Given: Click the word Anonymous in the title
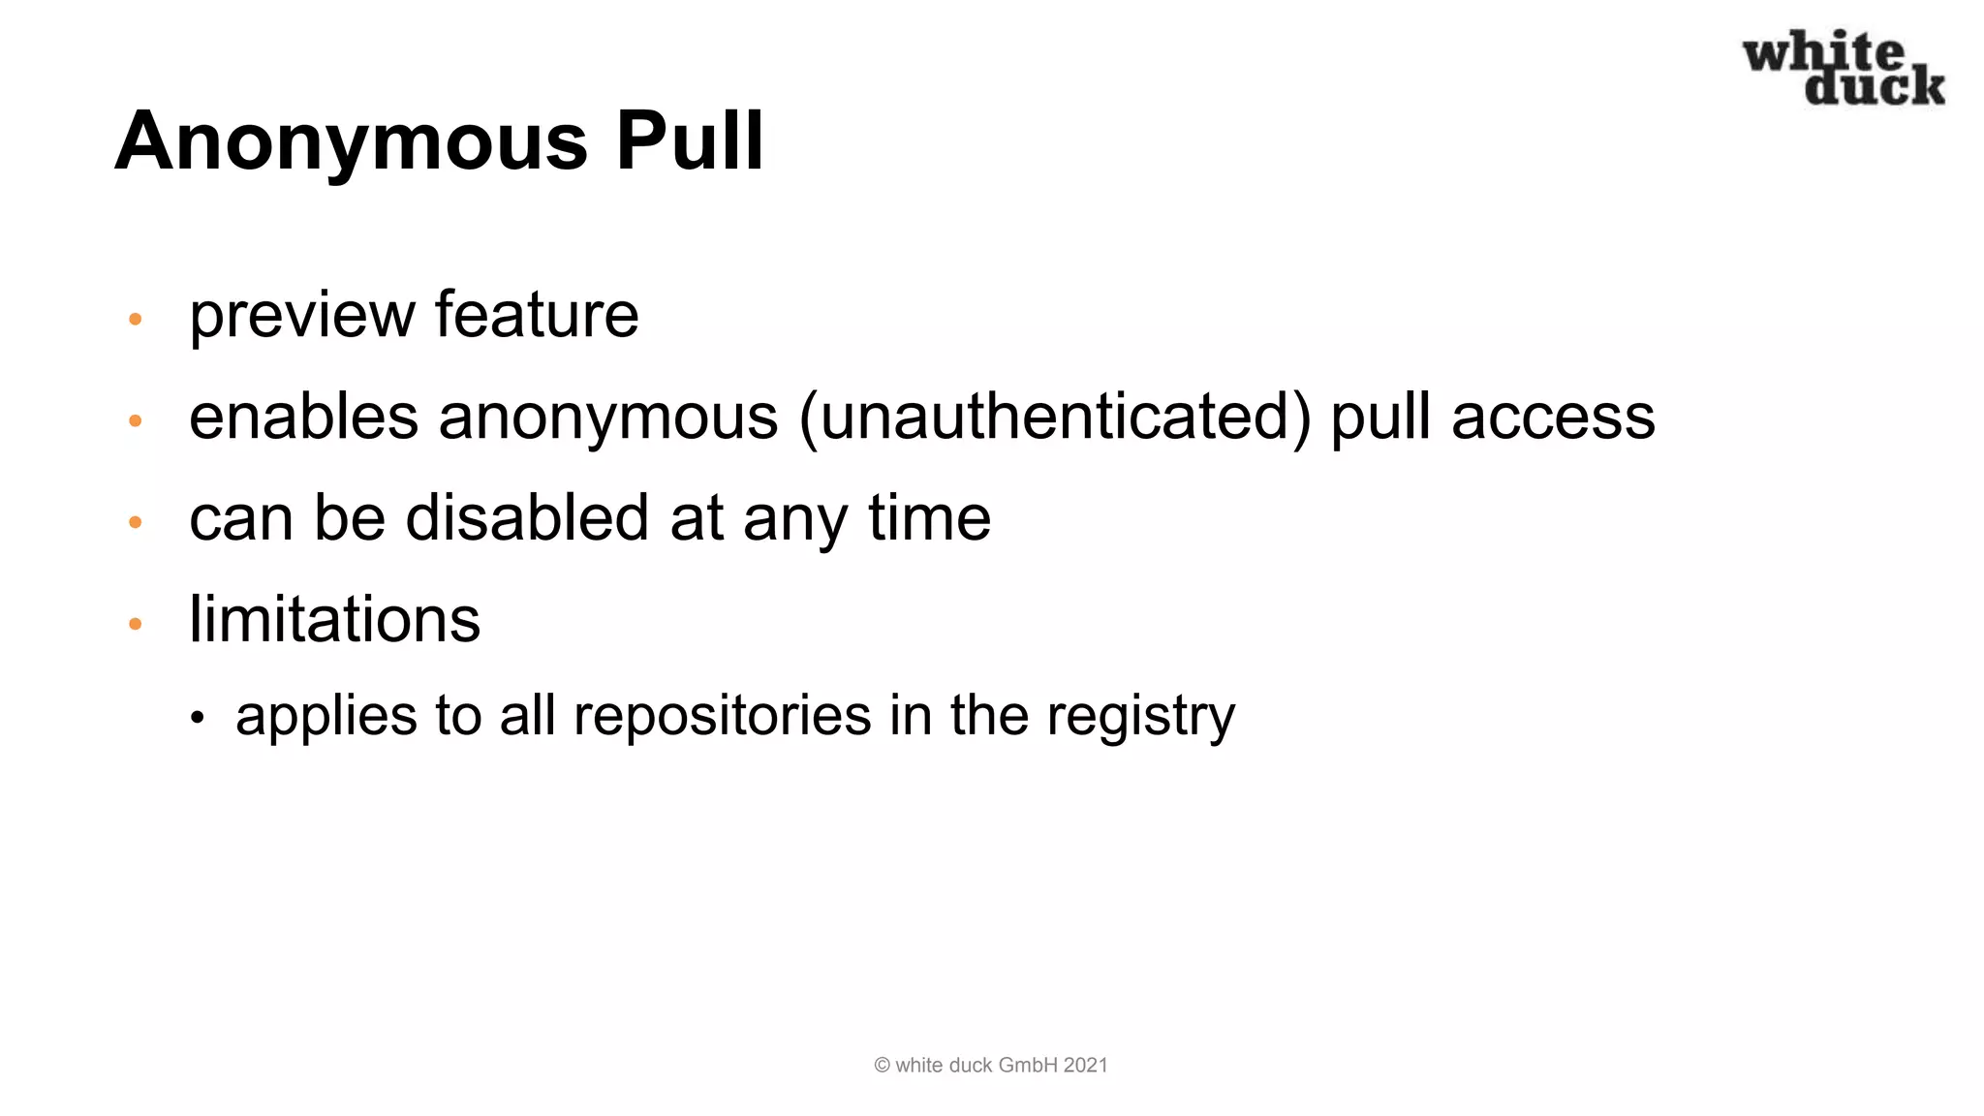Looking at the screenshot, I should point(352,142).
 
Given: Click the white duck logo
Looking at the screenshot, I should point(1844,68).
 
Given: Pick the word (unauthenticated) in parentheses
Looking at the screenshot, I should point(1055,418).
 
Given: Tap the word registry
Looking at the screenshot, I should point(1140,717).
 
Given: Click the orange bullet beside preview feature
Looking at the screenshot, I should point(136,319).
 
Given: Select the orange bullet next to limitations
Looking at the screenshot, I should point(136,624).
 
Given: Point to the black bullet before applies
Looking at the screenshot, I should point(198,719).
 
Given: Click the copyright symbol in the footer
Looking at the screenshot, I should point(882,1066).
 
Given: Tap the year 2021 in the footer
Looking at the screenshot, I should point(1085,1066).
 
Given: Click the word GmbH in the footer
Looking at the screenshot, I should point(1028,1066).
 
